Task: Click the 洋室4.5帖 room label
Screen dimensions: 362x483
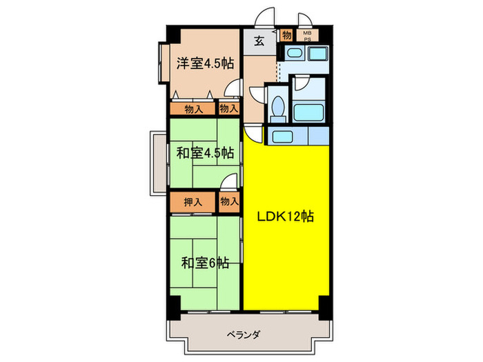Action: [x=204, y=63]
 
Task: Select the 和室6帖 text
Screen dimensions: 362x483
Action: [x=205, y=262]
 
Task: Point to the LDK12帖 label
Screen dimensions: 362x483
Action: [x=286, y=217]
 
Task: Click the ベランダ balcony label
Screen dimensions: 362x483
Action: [x=243, y=335]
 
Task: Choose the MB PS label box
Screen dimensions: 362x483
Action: [x=307, y=35]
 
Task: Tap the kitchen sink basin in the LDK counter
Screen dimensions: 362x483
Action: [x=280, y=137]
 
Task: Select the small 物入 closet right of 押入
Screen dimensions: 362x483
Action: [x=229, y=202]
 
